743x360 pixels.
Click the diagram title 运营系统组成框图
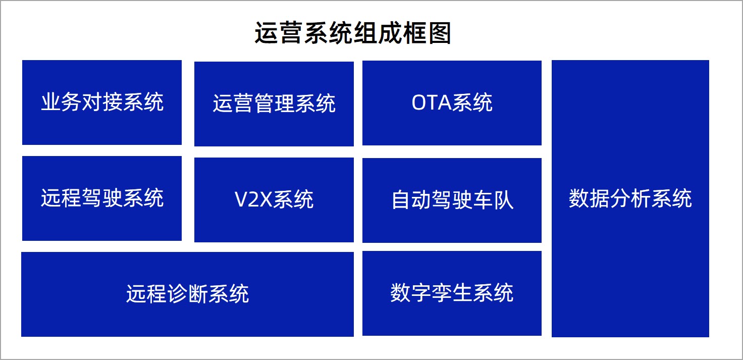352,33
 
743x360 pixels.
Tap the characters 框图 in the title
427,33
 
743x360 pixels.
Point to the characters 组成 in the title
377,33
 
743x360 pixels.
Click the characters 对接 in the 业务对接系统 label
102,102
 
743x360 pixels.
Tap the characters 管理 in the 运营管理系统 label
274,104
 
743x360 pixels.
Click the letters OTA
432,102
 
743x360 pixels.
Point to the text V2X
254,199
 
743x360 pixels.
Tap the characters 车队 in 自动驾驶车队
493,200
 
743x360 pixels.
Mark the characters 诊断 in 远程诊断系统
187,293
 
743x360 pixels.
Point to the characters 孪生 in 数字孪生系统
452,293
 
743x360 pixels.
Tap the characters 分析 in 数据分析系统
630,198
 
